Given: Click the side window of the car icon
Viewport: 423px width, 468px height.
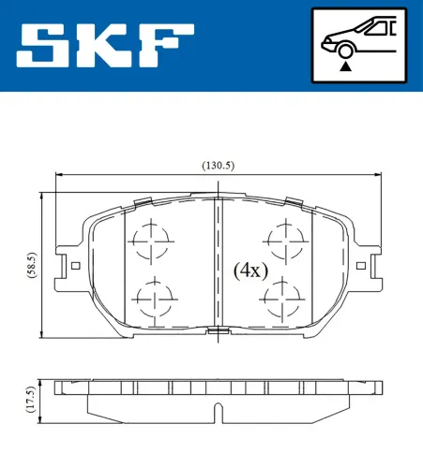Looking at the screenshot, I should (377, 29).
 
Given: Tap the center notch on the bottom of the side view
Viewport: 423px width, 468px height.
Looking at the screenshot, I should (217, 411).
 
